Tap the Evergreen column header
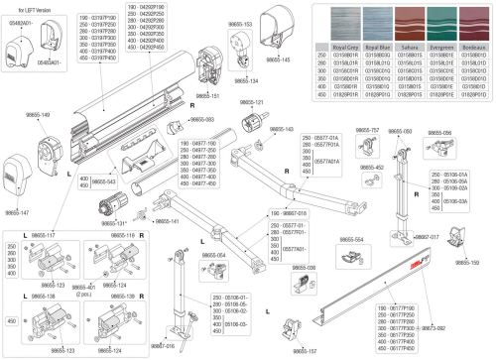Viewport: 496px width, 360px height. (x=436, y=46)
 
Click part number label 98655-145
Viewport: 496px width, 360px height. (x=281, y=60)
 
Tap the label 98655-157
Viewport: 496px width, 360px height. (x=306, y=351)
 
